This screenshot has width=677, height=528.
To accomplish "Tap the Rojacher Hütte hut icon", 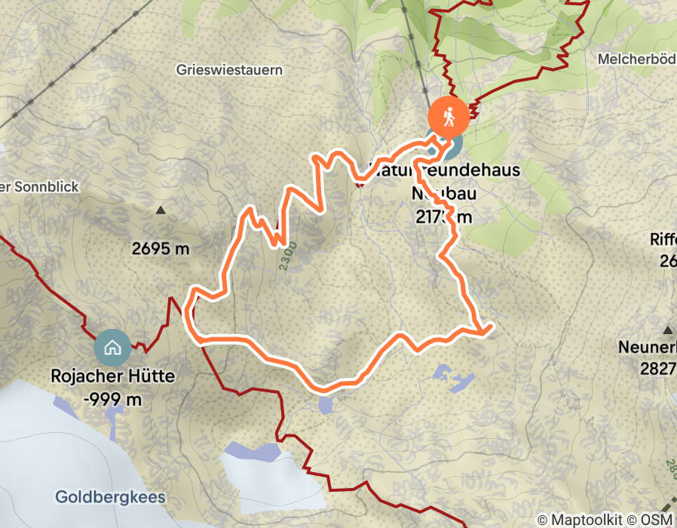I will click(x=113, y=348).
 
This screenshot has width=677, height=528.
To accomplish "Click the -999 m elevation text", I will click(x=113, y=400).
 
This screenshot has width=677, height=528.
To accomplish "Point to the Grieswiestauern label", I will click(x=229, y=70).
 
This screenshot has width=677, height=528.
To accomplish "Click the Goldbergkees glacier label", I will click(x=110, y=498).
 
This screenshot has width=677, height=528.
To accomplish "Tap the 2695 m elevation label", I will click(x=160, y=249).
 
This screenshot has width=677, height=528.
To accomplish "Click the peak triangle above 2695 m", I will click(x=160, y=210).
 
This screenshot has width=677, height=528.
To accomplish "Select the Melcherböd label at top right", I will click(x=636, y=59).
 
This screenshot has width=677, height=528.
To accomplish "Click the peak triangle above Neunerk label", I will click(x=668, y=330).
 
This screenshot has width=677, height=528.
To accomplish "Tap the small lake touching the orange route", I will click(x=326, y=404).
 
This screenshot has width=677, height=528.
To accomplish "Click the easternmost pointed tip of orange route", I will click(x=492, y=326).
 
